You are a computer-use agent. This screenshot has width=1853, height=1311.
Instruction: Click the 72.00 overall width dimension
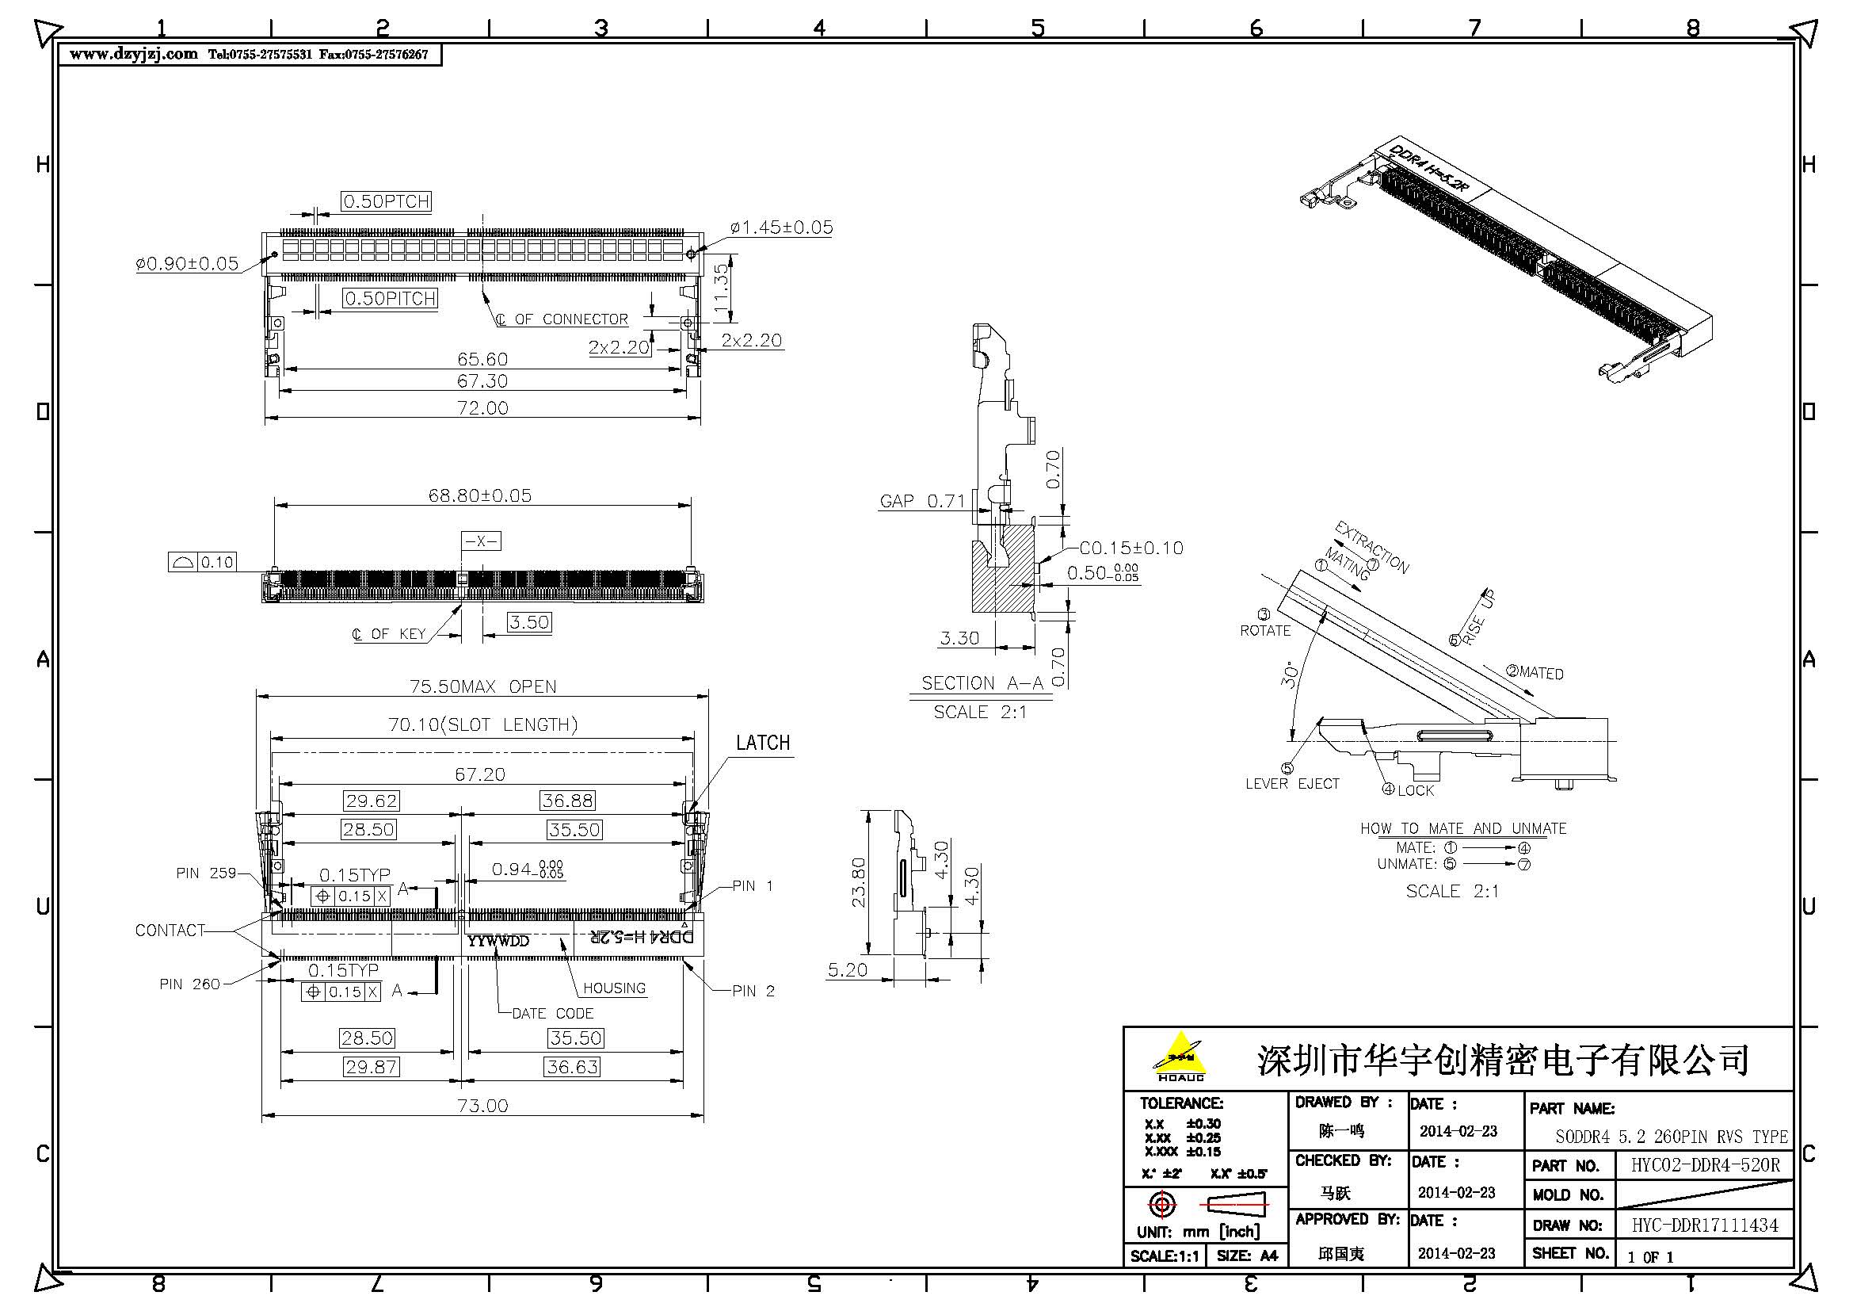[x=482, y=407]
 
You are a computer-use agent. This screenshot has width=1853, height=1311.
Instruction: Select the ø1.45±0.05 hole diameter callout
[x=780, y=227]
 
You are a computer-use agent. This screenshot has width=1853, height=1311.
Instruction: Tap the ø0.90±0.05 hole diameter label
[x=187, y=264]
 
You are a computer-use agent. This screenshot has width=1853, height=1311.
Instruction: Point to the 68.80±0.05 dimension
[x=480, y=495]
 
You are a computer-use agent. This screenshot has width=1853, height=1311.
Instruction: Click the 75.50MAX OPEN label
[x=482, y=686]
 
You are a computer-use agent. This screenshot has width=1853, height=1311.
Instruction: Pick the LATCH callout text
[x=763, y=743]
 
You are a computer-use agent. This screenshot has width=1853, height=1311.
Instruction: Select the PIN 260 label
[x=189, y=984]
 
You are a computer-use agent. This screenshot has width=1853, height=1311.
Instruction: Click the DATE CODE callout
[x=552, y=1013]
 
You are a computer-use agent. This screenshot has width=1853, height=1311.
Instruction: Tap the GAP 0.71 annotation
[x=922, y=500]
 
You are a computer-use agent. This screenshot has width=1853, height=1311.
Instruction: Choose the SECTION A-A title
[x=982, y=683]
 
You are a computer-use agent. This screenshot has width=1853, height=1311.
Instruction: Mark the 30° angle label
[x=1290, y=674]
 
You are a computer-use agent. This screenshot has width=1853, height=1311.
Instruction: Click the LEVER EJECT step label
[x=1292, y=784]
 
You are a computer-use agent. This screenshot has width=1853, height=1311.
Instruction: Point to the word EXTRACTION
[x=1371, y=548]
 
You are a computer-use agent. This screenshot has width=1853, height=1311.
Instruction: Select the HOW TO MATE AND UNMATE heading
[x=1462, y=828]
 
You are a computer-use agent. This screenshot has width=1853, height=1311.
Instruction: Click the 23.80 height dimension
[x=858, y=882]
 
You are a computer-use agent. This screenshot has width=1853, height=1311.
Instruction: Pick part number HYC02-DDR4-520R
[x=1705, y=1165]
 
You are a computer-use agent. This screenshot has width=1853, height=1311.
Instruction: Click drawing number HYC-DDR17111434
[x=1705, y=1225]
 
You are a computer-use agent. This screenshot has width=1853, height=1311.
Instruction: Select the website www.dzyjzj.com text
[x=133, y=54]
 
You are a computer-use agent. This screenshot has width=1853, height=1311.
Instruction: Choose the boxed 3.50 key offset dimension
[x=529, y=622]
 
